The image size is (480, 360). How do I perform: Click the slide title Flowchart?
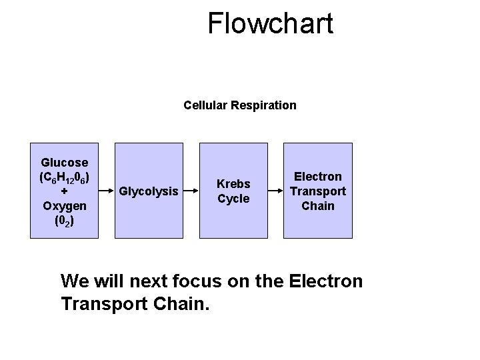[270, 23]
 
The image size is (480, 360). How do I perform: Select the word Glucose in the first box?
[64, 162]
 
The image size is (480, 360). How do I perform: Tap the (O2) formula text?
[64, 221]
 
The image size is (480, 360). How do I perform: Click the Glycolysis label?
[149, 191]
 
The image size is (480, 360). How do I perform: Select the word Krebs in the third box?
[233, 183]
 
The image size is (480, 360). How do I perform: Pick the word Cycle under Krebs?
[233, 199]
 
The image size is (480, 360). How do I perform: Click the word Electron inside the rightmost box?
[318, 177]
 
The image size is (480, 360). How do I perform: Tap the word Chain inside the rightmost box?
[318, 206]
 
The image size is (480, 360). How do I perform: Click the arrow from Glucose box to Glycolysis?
[107, 191]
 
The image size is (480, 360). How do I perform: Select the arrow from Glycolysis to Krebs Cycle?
[191, 191]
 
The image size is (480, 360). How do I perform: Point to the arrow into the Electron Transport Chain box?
[275, 191]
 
